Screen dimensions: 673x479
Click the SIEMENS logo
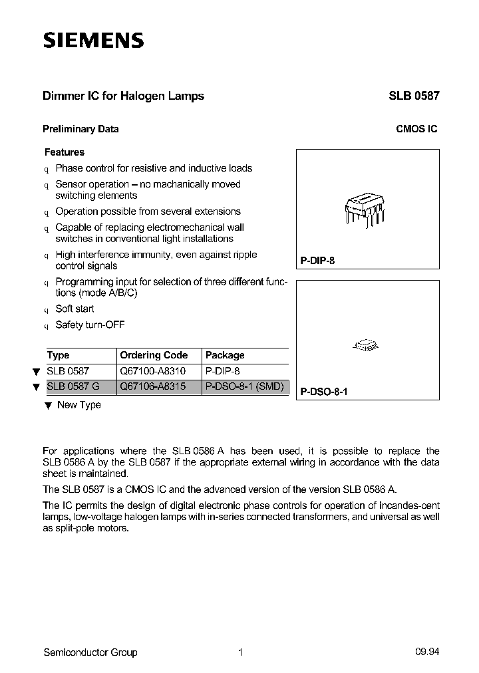click(x=93, y=41)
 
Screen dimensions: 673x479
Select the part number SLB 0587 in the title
click(x=414, y=96)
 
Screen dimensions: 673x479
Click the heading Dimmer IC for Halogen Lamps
click(x=123, y=96)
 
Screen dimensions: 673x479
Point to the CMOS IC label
click(x=416, y=130)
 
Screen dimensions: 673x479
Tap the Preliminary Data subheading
click(x=80, y=130)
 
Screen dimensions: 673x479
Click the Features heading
click(x=65, y=152)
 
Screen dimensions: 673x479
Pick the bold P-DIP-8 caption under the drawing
click(x=317, y=261)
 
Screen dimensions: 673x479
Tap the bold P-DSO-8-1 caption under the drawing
click(x=324, y=392)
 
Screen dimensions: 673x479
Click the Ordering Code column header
click(x=154, y=355)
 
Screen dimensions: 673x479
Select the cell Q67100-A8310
click(x=153, y=372)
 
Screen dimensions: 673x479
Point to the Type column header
click(x=59, y=355)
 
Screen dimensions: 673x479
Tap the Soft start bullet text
click(x=75, y=309)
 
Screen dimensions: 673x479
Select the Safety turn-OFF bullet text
click(x=90, y=325)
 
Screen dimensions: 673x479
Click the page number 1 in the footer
click(x=240, y=652)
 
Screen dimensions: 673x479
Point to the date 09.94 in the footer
click(x=427, y=652)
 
